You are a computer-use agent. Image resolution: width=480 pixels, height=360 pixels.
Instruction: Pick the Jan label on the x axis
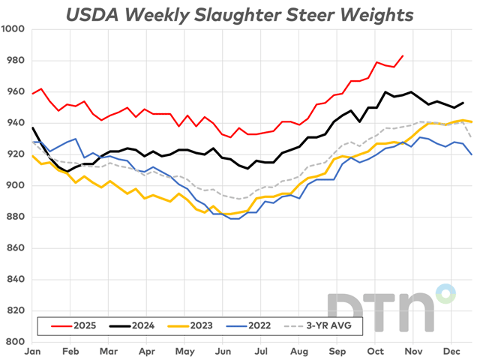(x=32, y=350)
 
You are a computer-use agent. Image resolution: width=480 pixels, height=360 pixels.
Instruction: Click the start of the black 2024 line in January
(x=32, y=127)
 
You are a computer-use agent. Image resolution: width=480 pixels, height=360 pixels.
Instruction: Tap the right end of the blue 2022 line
(x=472, y=154)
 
